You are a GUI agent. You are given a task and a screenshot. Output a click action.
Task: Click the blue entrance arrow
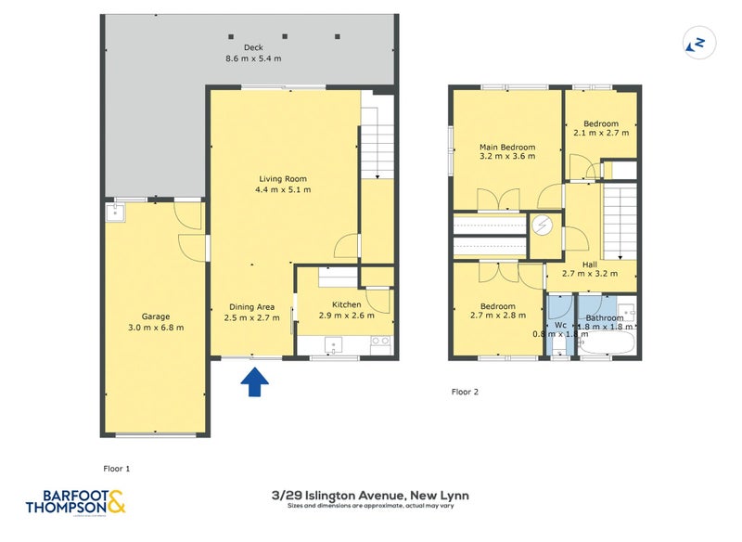(254, 381)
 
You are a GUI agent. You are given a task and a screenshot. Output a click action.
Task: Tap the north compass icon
(696, 43)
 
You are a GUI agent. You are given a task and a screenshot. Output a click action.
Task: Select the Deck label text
(253, 53)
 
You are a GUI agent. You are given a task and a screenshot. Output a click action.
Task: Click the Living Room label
(282, 184)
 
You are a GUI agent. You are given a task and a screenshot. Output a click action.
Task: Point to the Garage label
(156, 321)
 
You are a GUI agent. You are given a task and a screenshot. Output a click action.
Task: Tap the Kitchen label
(346, 310)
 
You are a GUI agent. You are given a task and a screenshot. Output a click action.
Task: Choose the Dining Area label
(253, 312)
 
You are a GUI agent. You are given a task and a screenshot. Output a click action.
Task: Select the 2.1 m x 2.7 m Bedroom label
(601, 128)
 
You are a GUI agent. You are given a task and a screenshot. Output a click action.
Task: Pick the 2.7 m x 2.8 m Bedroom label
(496, 312)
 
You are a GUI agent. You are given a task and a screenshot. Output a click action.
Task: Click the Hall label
(590, 269)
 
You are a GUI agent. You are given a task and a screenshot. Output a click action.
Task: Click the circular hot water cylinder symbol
(543, 226)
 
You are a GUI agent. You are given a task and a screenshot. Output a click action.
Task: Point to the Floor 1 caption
(116, 469)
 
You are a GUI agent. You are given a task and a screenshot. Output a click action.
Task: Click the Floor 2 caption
(465, 392)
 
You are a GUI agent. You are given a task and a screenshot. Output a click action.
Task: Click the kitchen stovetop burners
(380, 342)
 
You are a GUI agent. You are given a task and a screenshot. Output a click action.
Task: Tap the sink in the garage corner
(114, 213)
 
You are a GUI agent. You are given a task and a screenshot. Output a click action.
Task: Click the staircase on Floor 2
(620, 221)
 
